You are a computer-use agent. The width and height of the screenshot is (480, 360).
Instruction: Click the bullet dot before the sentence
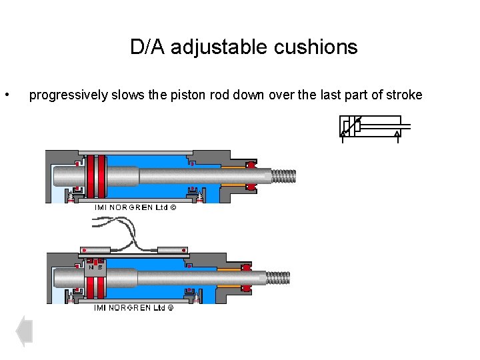coord(7,95)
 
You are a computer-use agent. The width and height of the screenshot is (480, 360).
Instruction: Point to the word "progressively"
coord(67,95)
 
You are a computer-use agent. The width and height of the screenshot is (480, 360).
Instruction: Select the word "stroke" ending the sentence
coord(403,95)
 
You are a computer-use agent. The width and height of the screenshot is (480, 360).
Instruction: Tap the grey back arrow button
coord(24,331)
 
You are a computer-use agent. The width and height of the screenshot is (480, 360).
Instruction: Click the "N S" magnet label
coord(95,267)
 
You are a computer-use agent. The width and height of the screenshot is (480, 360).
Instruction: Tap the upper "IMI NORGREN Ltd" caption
coord(134,207)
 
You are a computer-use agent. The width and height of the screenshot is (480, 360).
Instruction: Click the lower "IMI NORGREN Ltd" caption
coord(134,307)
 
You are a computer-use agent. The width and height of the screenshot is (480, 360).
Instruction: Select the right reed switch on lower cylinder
coord(173,251)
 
